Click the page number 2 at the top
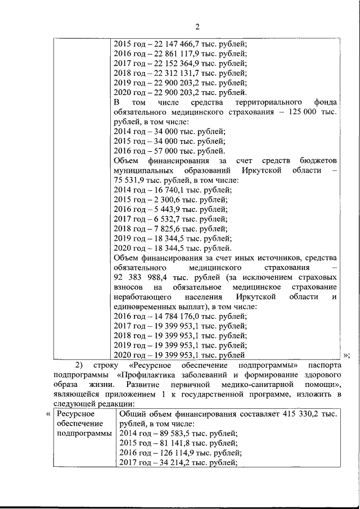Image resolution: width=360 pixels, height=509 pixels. [x=197, y=26]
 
